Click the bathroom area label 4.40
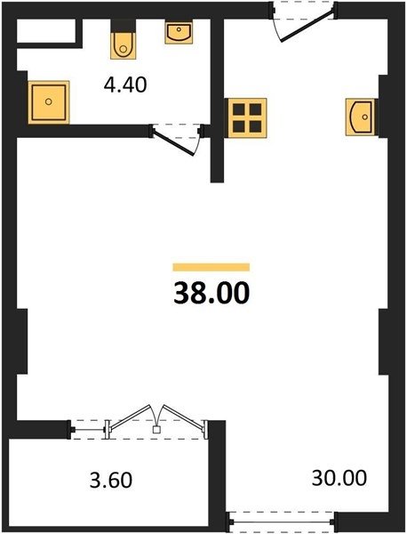click(125, 85)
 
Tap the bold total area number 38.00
click(211, 293)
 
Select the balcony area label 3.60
click(111, 481)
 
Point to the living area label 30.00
click(339, 477)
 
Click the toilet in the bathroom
click(124, 45)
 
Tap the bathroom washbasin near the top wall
click(179, 32)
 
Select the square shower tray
click(49, 102)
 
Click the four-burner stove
click(247, 118)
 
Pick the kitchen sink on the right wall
click(361, 117)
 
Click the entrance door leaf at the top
click(307, 26)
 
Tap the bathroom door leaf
click(173, 143)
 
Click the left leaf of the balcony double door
click(131, 417)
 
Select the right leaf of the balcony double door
click(184, 417)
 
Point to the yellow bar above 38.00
click(211, 267)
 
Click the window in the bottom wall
click(281, 522)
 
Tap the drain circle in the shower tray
click(49, 101)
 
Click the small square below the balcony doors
click(156, 430)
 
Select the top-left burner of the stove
click(239, 109)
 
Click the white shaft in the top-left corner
click(46, 31)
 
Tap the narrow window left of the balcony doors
click(89, 430)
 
